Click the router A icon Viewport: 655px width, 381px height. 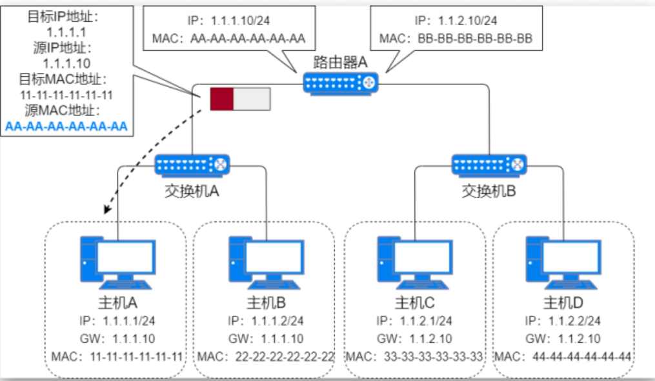tap(340, 83)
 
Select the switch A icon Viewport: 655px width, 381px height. tap(192, 165)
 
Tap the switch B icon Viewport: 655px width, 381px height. tap(489, 165)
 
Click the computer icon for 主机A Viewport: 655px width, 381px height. tap(117, 262)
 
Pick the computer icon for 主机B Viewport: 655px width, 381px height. tap(266, 262)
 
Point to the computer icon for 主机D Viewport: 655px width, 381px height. tap(563, 262)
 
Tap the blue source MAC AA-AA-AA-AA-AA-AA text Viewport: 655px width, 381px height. tap(66, 126)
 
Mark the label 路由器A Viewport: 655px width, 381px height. tap(340, 62)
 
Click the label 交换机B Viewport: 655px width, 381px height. tap(489, 191)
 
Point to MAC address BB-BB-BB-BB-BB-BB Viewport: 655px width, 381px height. tap(475, 39)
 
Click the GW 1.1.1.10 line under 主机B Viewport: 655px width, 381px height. tap(265, 338)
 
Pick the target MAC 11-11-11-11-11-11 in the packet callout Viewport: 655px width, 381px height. tap(66, 95)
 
